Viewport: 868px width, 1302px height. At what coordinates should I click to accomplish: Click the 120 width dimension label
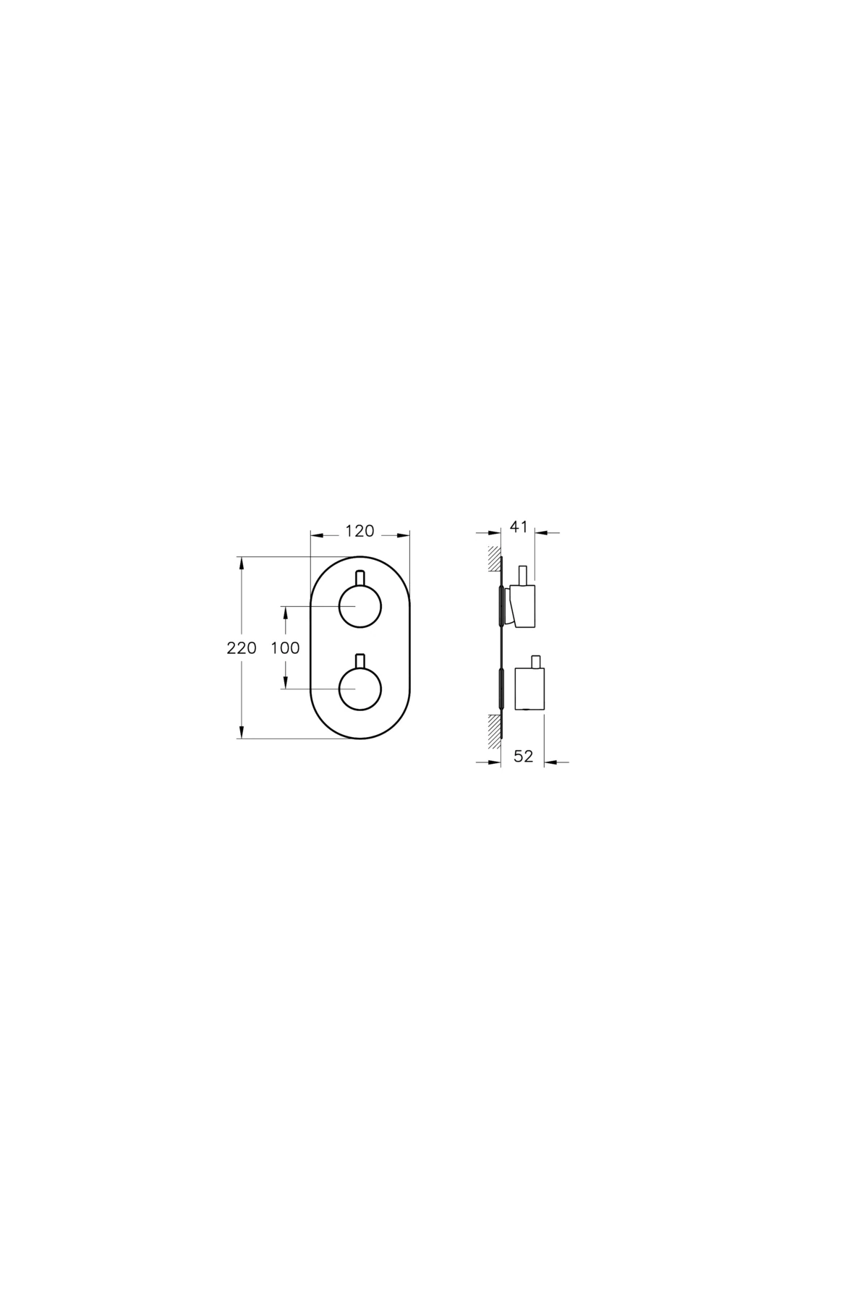coord(359,532)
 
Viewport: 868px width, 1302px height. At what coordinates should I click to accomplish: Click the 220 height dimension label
coord(242,648)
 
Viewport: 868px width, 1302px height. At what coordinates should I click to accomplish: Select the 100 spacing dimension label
coord(285,648)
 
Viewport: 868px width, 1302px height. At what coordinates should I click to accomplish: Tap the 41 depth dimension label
coord(518,527)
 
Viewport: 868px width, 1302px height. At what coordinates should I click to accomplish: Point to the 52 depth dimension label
coord(523,757)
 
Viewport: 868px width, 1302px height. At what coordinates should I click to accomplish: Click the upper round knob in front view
coord(359,606)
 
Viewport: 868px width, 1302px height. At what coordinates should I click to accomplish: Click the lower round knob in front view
coord(359,689)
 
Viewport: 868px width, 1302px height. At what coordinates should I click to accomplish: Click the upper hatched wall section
coord(493,561)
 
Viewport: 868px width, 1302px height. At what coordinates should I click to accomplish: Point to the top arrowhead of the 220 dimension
coord(241,563)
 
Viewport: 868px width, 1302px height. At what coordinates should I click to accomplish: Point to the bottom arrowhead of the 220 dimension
coord(241,732)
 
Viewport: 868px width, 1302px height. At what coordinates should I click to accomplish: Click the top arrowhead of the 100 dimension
coord(286,612)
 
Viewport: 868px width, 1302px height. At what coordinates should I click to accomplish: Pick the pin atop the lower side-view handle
coord(536,661)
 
